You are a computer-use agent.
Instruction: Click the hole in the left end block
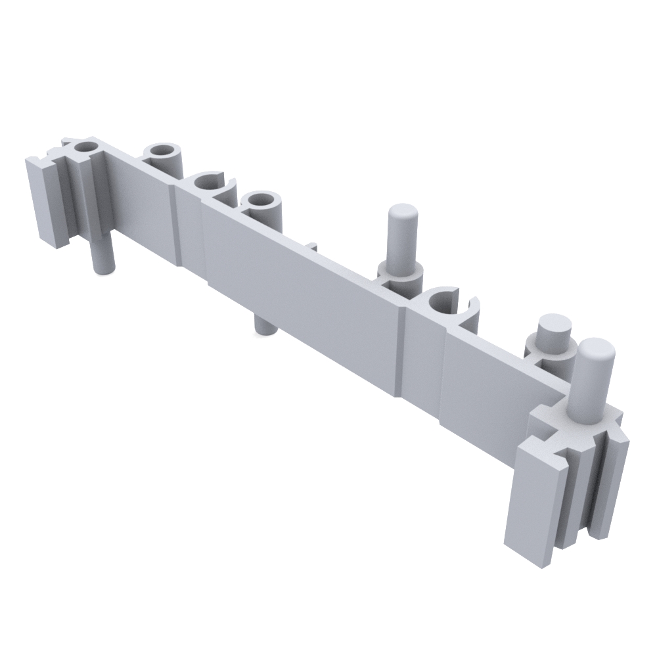click(83, 146)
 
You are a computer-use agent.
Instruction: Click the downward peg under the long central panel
click(265, 323)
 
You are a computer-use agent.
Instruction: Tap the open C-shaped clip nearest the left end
click(212, 185)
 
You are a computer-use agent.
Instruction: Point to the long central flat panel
click(302, 289)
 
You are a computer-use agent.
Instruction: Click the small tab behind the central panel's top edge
click(313, 246)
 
